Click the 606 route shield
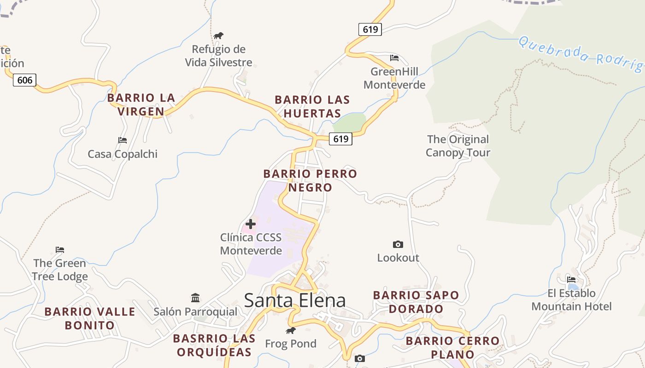[24, 80]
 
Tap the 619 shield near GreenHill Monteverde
[370, 29]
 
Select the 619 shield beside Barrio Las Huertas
[340, 138]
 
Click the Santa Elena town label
[294, 300]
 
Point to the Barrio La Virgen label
[141, 104]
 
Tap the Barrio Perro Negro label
[310, 180]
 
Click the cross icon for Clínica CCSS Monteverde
[251, 224]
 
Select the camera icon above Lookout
[398, 244]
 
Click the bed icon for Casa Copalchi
[122, 140]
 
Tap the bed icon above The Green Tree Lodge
[60, 250]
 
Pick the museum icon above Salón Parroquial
[195, 298]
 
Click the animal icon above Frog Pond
[290, 330]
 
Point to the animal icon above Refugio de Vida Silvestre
[218, 35]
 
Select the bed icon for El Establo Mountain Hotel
[571, 279]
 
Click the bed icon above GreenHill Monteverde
[394, 58]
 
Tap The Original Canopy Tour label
[457, 146]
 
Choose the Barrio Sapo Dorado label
[416, 302]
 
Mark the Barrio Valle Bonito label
[90, 318]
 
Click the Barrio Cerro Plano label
[452, 347]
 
